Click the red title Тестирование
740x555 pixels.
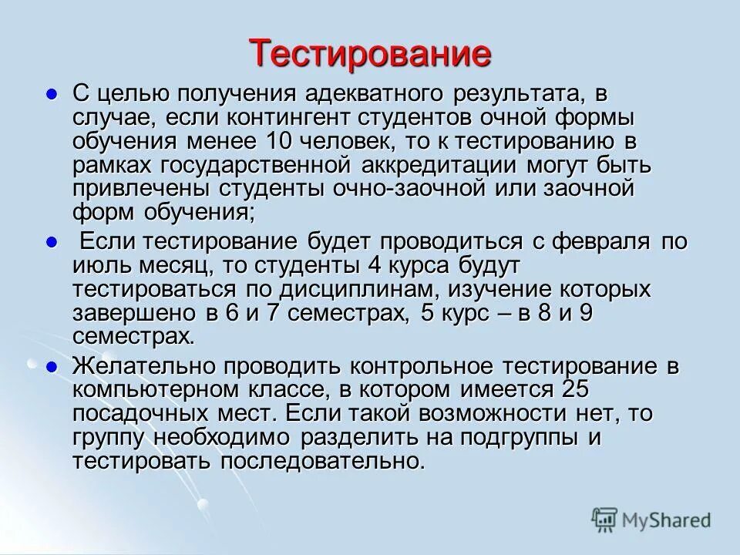coord(370,53)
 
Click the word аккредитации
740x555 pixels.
coord(409,165)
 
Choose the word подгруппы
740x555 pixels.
coord(559,438)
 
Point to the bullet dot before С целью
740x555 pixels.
coord(52,94)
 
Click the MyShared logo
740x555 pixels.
coord(651,520)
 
